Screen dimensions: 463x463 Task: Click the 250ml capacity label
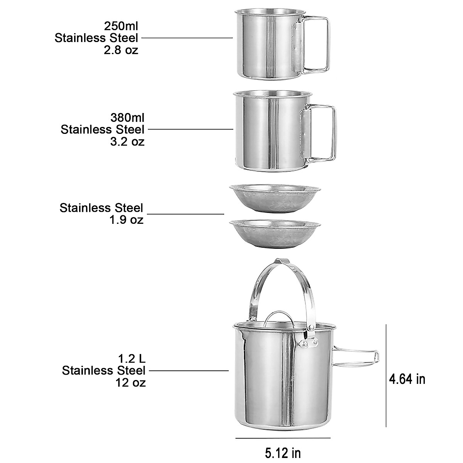tap(121, 26)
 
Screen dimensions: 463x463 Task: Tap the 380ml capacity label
tap(127, 117)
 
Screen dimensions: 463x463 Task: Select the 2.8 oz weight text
tap(121, 50)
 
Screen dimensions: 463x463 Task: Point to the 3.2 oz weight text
tap(127, 142)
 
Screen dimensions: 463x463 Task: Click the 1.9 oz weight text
tap(126, 220)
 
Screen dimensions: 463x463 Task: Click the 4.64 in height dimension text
tap(407, 379)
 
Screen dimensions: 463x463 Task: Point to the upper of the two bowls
tap(274, 198)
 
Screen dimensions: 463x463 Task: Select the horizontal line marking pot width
tap(283, 438)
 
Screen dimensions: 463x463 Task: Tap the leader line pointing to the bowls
tap(186, 214)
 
